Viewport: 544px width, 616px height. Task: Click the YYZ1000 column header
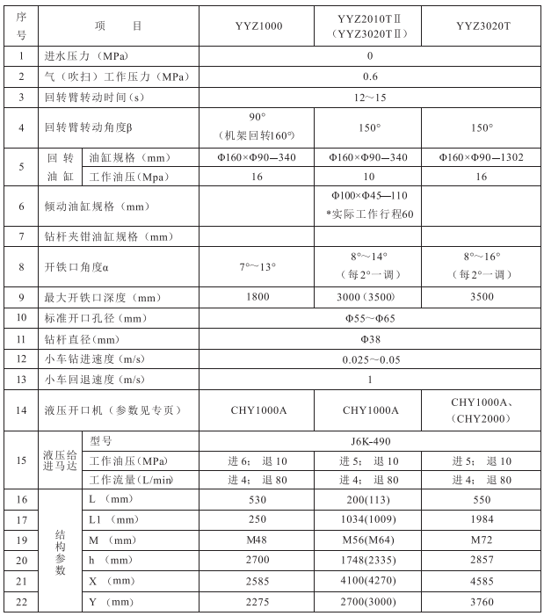pyautogui.click(x=258, y=25)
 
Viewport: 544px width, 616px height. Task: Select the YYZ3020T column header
pyautogui.click(x=481, y=25)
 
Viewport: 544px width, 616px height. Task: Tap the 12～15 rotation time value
pyautogui.click(x=369, y=96)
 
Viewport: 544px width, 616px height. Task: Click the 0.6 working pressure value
pyautogui.click(x=369, y=76)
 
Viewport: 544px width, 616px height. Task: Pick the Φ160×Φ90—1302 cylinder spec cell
pyautogui.click(x=481, y=157)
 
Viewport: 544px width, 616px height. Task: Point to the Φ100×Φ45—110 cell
pyautogui.click(x=369, y=194)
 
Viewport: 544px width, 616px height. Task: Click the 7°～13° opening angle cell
pyautogui.click(x=258, y=266)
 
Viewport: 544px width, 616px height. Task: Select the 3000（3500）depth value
pyautogui.click(x=369, y=297)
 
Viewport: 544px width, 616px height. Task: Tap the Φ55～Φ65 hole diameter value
pyautogui.click(x=369, y=318)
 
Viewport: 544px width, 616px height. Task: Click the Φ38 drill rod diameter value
pyautogui.click(x=369, y=338)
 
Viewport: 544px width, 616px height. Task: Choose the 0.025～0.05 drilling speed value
pyautogui.click(x=369, y=359)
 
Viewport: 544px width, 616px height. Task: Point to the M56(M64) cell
pyautogui.click(x=369, y=540)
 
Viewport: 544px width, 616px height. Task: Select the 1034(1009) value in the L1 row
pyautogui.click(x=369, y=520)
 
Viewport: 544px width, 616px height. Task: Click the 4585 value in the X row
pyautogui.click(x=481, y=581)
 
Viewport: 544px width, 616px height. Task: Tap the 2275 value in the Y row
pyautogui.click(x=258, y=601)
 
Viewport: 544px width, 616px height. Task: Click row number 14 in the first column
pyautogui.click(x=21, y=409)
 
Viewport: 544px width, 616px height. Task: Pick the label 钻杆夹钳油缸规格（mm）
pyautogui.click(x=109, y=237)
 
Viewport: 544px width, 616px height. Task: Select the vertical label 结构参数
pyautogui.click(x=60, y=551)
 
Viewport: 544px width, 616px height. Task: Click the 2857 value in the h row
pyautogui.click(x=481, y=561)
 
